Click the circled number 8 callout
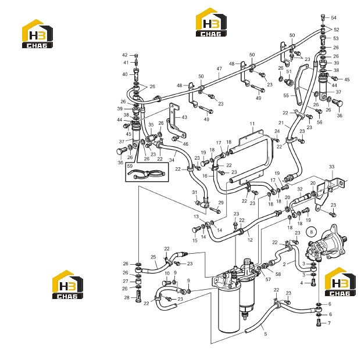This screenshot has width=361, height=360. point(311,232)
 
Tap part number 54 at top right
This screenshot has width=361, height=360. point(334,18)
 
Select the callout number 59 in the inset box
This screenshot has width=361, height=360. point(130,166)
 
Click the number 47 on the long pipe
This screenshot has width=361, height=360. point(219,69)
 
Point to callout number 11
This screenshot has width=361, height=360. point(252,124)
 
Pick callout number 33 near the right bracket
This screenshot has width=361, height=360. point(331,167)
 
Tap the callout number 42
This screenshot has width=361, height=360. point(125,55)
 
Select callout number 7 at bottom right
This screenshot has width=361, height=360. point(329,323)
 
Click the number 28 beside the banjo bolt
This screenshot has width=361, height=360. point(127,298)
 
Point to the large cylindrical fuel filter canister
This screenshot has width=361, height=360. point(229,309)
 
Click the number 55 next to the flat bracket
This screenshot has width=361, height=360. point(286,95)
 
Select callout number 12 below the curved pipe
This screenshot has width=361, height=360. point(250,240)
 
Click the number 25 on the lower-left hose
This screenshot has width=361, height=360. point(153,257)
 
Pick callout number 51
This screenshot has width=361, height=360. point(289,71)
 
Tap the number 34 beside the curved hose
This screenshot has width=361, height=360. point(171,160)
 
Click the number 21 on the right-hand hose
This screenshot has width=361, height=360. point(281,123)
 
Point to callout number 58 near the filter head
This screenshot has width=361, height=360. point(278,274)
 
